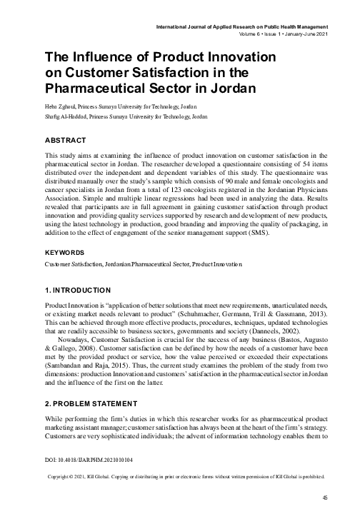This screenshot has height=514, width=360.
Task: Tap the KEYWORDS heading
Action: click(x=64, y=233)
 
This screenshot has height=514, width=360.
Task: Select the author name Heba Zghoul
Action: click(x=59, y=105)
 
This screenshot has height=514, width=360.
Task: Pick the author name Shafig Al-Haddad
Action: click(x=66, y=115)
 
